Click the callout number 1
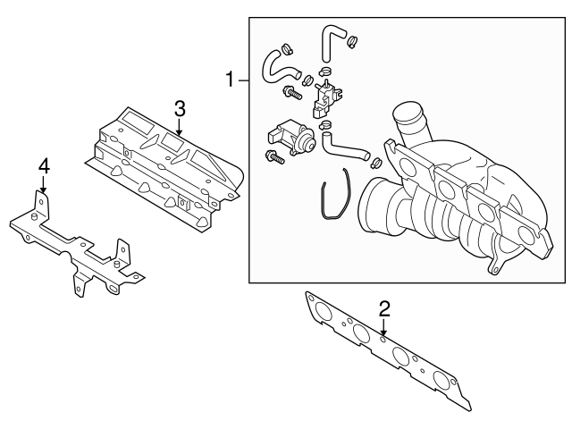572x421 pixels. (230, 80)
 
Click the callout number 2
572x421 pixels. (384, 309)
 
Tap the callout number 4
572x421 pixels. (42, 166)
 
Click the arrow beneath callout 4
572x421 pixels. (42, 186)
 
